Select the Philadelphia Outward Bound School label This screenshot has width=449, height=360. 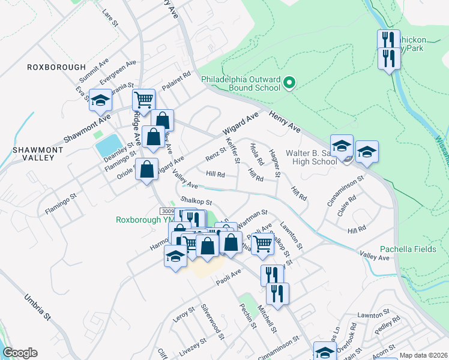pyautogui.click(x=240, y=83)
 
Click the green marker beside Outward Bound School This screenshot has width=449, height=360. pyautogui.click(x=289, y=82)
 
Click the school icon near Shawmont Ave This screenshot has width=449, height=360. pyautogui.click(x=100, y=100)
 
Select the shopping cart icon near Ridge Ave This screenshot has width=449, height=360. pyautogui.click(x=143, y=99)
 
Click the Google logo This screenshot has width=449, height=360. pyautogui.click(x=20, y=353)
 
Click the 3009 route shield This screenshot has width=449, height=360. pyautogui.click(x=167, y=211)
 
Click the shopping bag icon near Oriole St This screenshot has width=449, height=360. pyautogui.click(x=146, y=170)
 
